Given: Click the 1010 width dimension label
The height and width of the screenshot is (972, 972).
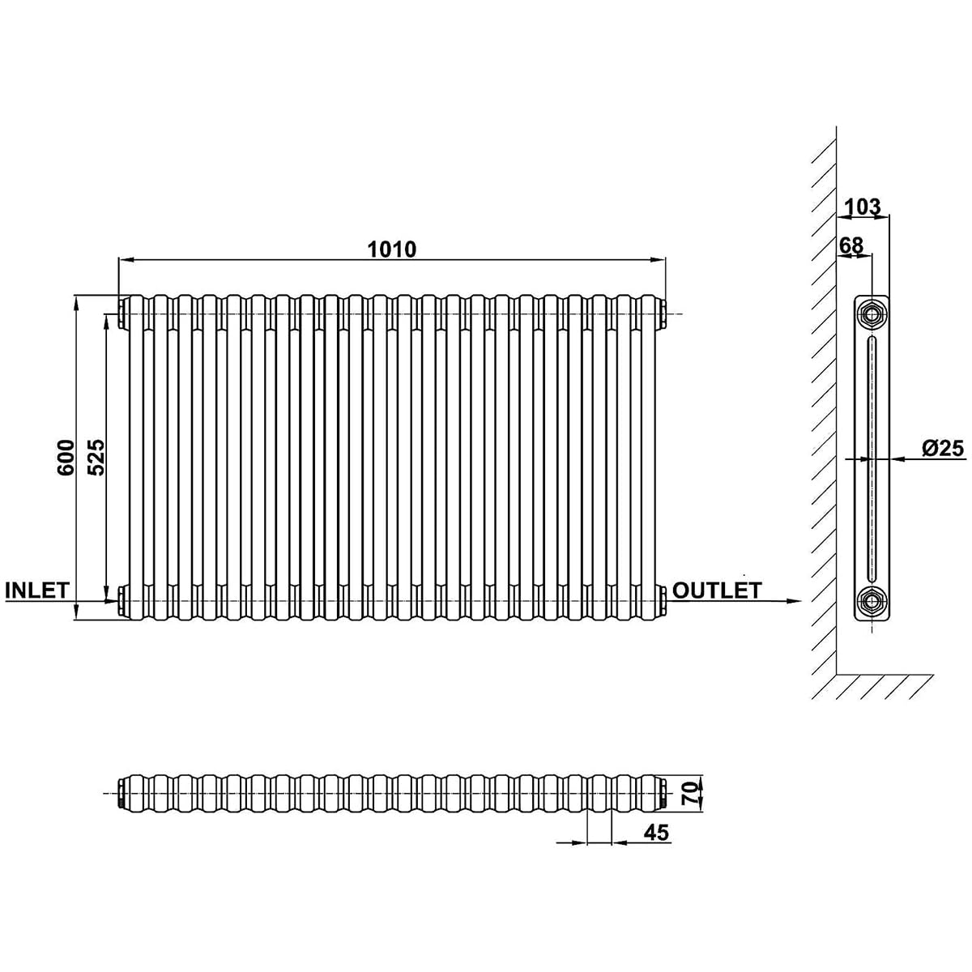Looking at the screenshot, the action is tap(392, 249).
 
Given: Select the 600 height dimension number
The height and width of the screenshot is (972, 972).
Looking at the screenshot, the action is tap(66, 457).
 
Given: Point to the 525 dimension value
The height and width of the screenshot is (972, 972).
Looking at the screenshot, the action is tap(96, 457).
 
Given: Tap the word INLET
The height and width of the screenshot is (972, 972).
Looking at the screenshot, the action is tap(36, 590).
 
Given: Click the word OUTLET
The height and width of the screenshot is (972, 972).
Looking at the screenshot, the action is tap(717, 590).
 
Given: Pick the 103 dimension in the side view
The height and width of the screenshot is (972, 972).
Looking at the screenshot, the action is tap(863, 207).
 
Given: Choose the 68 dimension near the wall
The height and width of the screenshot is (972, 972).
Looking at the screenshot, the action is tap(851, 245).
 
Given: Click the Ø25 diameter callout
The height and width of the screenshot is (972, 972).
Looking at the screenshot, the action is tap(943, 448).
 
